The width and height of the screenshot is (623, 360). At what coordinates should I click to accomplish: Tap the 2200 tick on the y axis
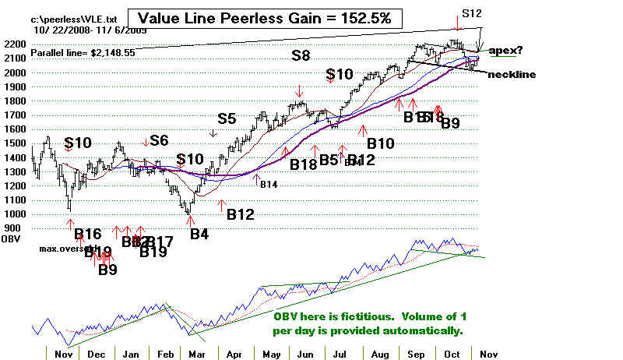point(15,44)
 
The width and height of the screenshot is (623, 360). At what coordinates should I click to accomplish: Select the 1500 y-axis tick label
point(15,143)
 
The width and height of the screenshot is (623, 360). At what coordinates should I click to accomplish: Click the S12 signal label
point(471,13)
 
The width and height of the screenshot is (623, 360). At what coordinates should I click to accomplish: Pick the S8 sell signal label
point(301,56)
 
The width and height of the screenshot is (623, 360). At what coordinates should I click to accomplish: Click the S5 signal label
point(226,118)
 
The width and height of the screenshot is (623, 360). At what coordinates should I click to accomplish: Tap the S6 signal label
point(159,140)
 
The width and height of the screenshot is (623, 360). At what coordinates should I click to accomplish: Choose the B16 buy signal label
point(88,233)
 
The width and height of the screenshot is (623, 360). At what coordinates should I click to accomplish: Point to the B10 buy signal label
point(381,143)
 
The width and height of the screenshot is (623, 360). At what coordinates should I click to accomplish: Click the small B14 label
point(269,185)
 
